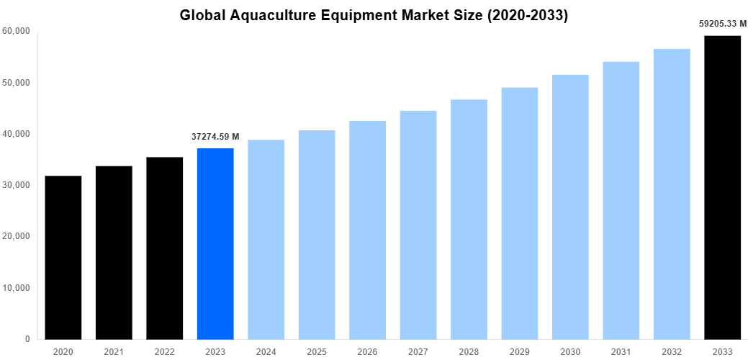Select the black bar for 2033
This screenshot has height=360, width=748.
pyautogui.click(x=722, y=187)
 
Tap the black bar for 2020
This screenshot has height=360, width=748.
pyautogui.click(x=63, y=257)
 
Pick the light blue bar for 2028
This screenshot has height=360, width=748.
pyautogui.click(x=469, y=219)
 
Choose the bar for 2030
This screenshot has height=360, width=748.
pyautogui.click(x=570, y=207)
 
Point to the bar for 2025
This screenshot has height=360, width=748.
pyautogui.click(x=317, y=234)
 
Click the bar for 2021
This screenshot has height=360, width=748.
pyautogui.click(x=114, y=252)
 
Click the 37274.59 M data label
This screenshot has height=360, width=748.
pyautogui.click(x=215, y=136)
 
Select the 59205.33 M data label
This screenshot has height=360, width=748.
pyautogui.click(x=722, y=24)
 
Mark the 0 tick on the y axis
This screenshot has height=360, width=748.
pyautogui.click(x=27, y=339)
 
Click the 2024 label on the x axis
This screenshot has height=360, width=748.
pyautogui.click(x=266, y=351)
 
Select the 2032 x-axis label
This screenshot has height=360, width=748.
pyautogui.click(x=671, y=351)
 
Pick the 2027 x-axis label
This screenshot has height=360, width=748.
pyautogui.click(x=418, y=351)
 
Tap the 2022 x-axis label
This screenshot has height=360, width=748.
pyautogui.click(x=164, y=351)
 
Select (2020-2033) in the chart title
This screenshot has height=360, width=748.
pyautogui.click(x=526, y=15)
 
